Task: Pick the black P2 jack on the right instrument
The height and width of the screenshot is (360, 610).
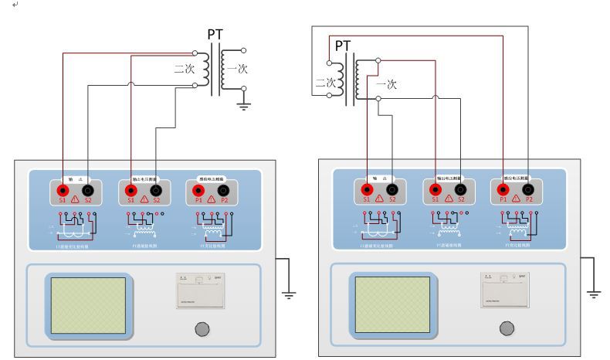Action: (529, 190)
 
